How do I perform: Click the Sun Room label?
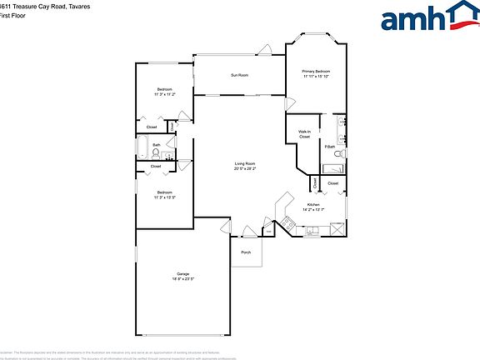click(x=239, y=75)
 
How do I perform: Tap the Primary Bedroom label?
click(x=316, y=72)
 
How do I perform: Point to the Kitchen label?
click(x=313, y=204)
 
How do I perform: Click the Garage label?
click(x=182, y=273)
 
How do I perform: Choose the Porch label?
click(x=246, y=252)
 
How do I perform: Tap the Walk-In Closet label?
click(x=304, y=134)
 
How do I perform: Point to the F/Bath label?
click(x=330, y=147)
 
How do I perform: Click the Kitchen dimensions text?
click(x=313, y=209)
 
